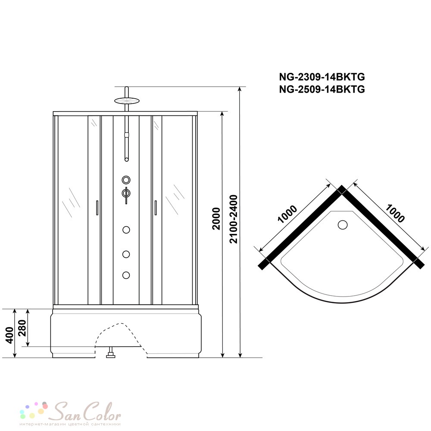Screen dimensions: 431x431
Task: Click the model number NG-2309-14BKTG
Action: [322, 77]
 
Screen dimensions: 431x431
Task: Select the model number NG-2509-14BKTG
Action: [322, 89]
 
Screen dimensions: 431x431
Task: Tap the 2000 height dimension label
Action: [217, 219]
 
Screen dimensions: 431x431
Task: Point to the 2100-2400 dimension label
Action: [233, 219]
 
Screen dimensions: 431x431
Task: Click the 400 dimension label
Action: [9, 335]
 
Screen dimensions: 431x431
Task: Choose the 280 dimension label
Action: [22, 328]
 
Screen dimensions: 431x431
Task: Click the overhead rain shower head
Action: [127, 100]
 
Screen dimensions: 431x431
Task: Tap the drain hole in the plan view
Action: [343, 225]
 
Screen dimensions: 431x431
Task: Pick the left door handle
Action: [97, 208]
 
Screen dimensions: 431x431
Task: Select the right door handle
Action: [156, 208]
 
